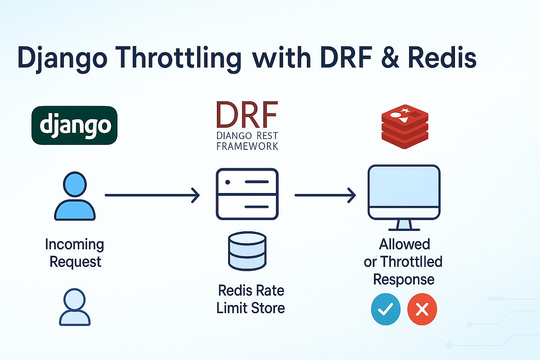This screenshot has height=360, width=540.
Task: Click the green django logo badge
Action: (74, 125)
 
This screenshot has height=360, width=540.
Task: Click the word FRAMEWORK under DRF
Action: (247, 146)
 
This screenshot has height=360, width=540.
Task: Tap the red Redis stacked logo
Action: (404, 126)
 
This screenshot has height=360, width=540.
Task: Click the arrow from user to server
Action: (152, 195)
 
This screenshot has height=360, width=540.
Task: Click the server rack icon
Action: (247, 194)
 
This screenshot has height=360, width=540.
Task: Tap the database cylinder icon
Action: (247, 252)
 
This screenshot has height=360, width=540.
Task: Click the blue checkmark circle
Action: (385, 309)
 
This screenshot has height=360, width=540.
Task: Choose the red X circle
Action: (422, 309)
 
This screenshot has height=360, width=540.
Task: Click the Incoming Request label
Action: (75, 253)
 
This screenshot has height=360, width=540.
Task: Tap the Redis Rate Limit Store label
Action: (250, 299)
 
